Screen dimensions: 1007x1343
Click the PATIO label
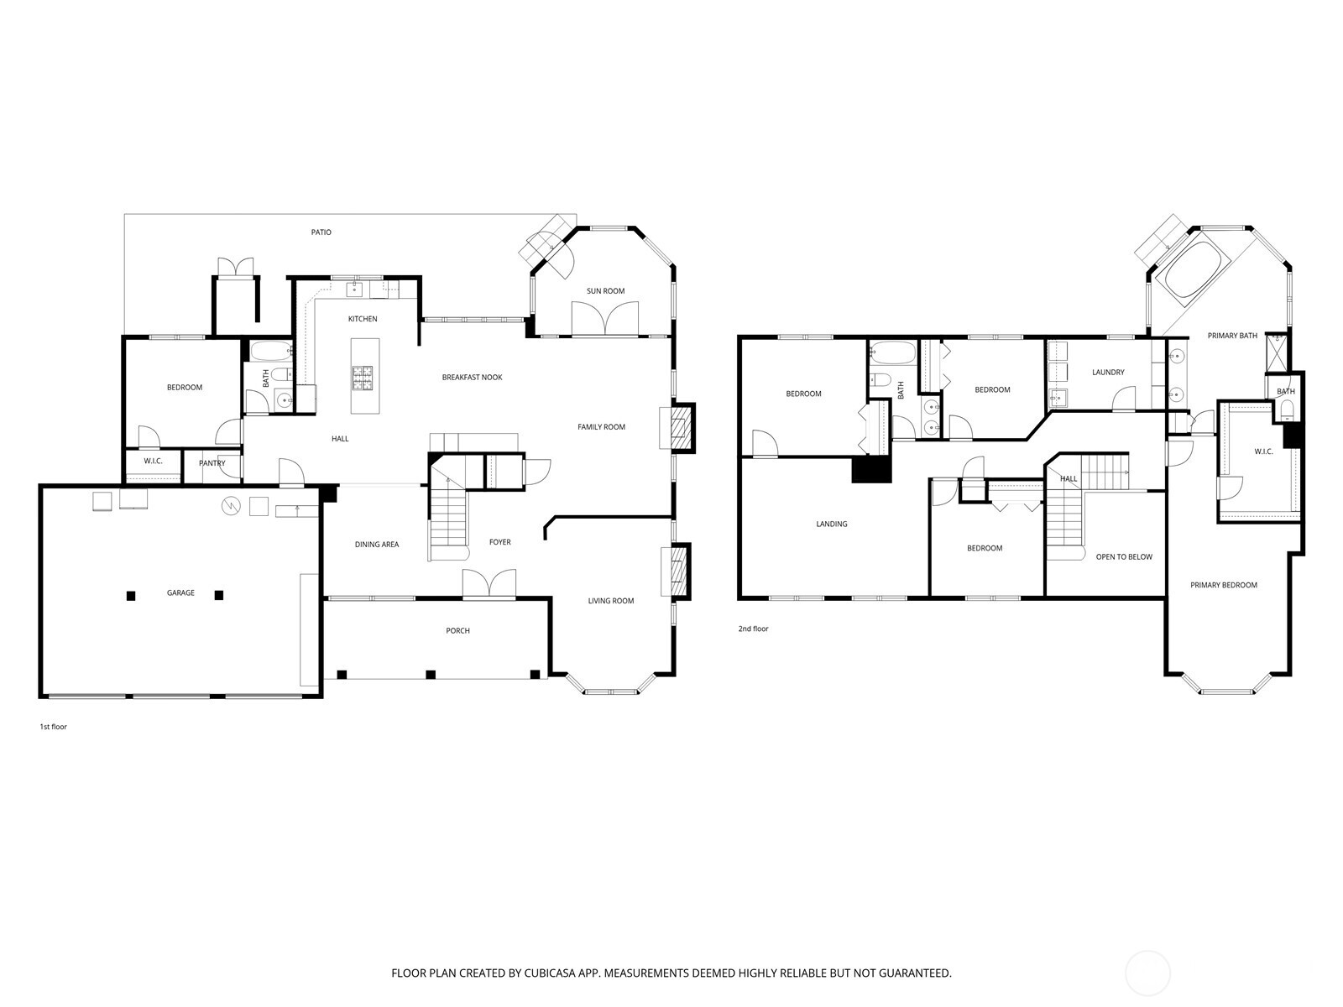point(321,232)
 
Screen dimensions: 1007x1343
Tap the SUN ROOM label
point(605,291)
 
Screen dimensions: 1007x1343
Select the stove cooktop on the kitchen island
point(363,378)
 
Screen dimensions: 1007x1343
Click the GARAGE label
point(180,593)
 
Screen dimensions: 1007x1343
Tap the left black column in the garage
point(131,596)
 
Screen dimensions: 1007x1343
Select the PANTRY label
point(212,463)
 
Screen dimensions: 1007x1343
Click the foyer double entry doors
point(489,584)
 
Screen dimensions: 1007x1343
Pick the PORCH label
point(458,631)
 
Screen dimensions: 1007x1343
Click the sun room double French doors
point(604,319)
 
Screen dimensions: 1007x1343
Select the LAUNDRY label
point(1108,373)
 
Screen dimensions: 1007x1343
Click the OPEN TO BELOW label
point(1124,557)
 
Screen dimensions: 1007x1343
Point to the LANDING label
point(832,524)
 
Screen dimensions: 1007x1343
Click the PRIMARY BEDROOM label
point(1224,585)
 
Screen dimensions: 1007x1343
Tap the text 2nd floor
point(753,629)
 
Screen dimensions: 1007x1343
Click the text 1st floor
point(53,727)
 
